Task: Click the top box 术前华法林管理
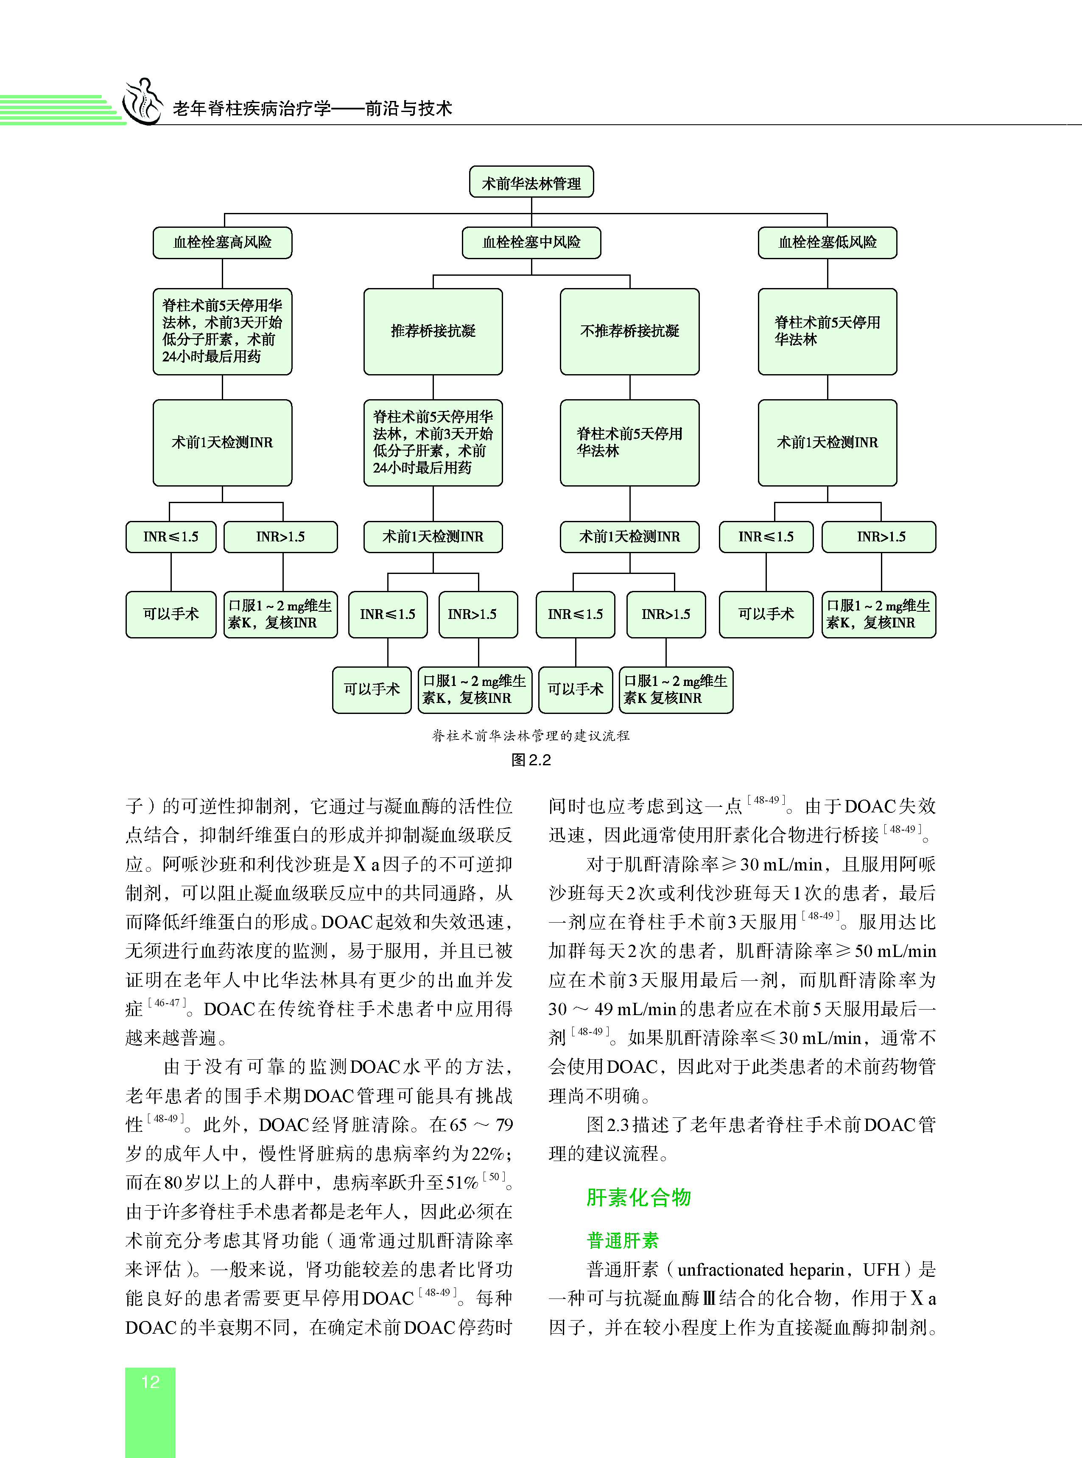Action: [x=531, y=183]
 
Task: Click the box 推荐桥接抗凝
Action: [x=433, y=331]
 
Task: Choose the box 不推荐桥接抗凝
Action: [x=629, y=331]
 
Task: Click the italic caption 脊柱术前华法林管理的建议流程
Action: [x=531, y=736]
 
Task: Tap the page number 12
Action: [x=151, y=1382]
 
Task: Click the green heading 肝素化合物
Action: [x=639, y=1197]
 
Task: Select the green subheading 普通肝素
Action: [x=622, y=1240]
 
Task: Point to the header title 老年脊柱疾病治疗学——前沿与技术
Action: [x=313, y=109]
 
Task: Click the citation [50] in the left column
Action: [x=495, y=1177]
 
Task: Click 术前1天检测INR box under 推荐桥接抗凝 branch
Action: [x=433, y=537]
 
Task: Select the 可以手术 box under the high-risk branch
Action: [x=171, y=614]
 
